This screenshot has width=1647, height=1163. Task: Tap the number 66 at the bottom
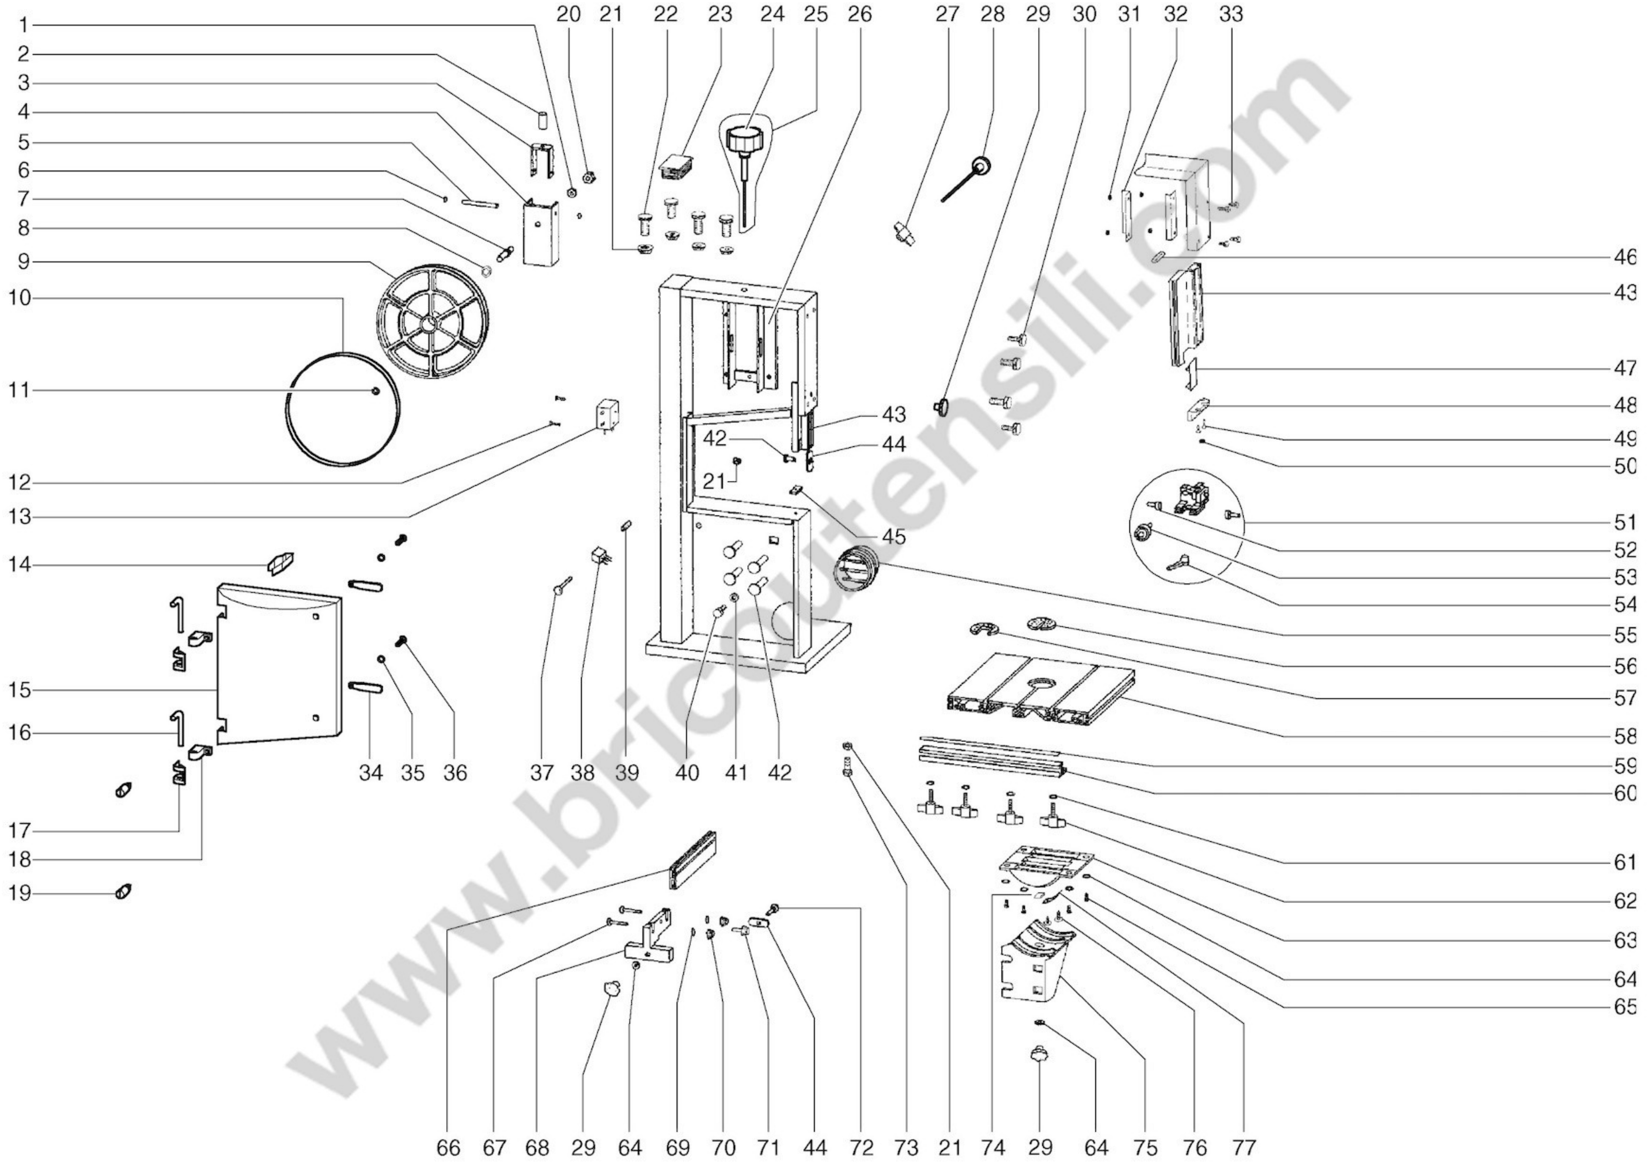[x=448, y=1147]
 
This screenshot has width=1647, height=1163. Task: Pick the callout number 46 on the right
[x=1625, y=257]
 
